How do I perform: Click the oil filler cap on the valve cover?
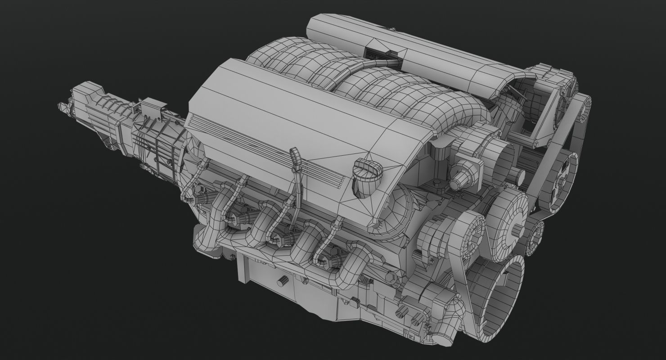click(x=368, y=173)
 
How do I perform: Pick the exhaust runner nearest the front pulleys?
click(x=355, y=265)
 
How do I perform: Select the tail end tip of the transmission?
click(x=63, y=107)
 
